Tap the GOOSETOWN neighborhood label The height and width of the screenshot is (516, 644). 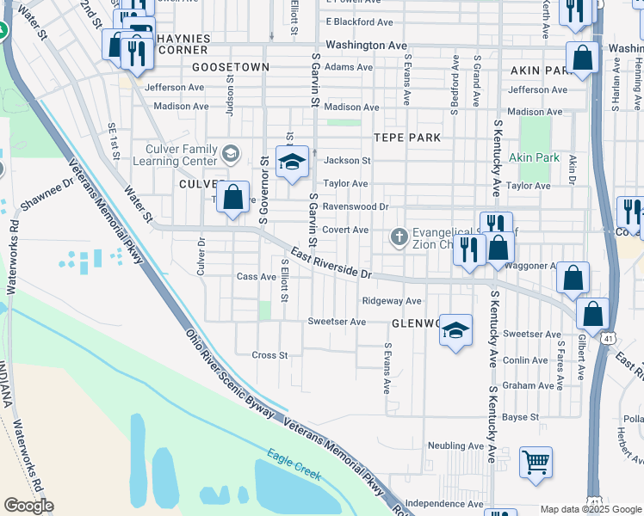pos(231,66)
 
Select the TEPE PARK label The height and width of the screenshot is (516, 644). pos(407,138)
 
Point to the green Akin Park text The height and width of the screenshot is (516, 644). pos(534,157)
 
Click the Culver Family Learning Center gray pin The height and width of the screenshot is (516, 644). pos(231,154)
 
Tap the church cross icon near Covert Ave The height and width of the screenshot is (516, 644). pos(399,236)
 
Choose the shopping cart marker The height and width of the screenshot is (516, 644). pos(536,462)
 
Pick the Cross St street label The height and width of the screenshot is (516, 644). pos(269,354)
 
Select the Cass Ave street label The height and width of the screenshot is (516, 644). pos(256,276)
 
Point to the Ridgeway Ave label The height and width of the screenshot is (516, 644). pos(392,301)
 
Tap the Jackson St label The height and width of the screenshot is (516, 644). pos(347,160)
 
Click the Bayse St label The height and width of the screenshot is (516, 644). pos(521,417)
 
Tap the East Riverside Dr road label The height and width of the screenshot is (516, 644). pos(331,262)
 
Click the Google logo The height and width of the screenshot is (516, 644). pos(28,506)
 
